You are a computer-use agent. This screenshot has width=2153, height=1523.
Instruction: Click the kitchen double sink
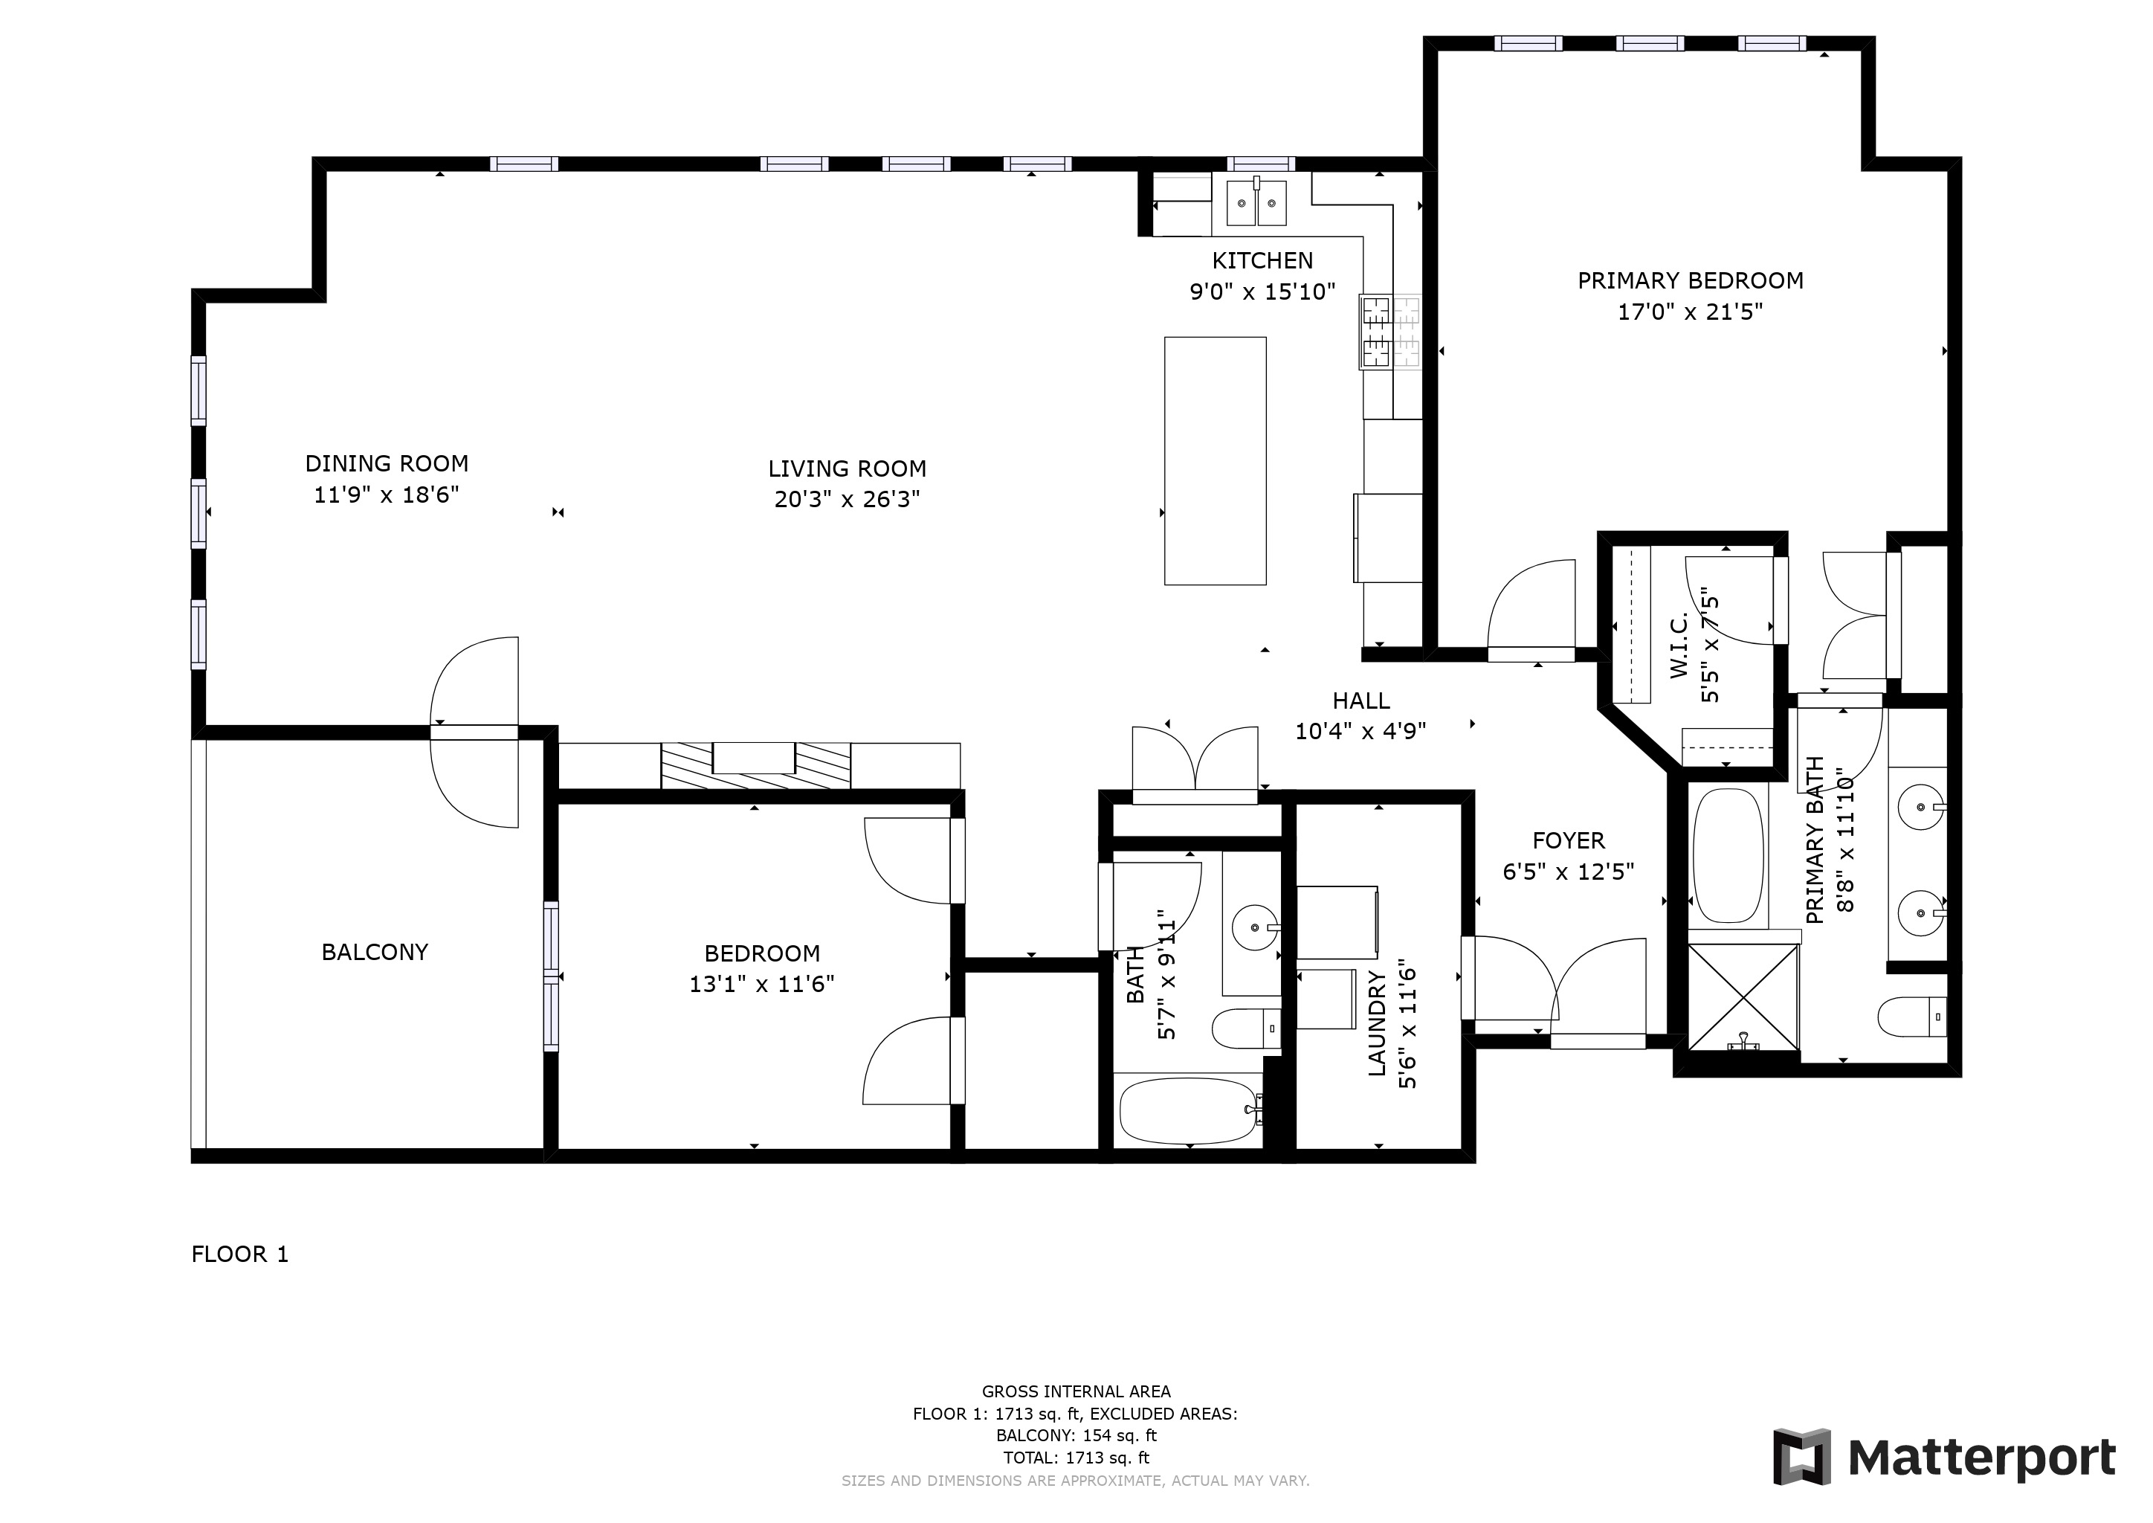pyautogui.click(x=1256, y=202)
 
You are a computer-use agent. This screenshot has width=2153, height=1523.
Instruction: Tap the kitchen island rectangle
pyautogui.click(x=1216, y=460)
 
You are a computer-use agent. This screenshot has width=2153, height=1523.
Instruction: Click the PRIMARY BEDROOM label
pyautogui.click(x=1690, y=280)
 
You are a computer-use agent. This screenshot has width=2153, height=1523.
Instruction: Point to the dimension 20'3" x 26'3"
pyautogui.click(x=847, y=499)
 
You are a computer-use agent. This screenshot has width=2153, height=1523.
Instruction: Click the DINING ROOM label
pyautogui.click(x=387, y=463)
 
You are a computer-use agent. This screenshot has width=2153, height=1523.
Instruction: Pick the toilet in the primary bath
pyautogui.click(x=1912, y=1017)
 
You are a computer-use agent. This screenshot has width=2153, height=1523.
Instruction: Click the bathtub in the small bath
pyautogui.click(x=1188, y=1111)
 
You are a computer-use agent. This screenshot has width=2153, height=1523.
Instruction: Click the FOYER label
pyautogui.click(x=1568, y=840)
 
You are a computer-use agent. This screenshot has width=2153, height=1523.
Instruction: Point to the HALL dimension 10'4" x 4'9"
pyautogui.click(x=1360, y=730)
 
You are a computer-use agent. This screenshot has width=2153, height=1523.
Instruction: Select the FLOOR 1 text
pyautogui.click(x=240, y=1254)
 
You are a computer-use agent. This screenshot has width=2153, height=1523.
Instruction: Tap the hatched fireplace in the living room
pyautogui.click(x=756, y=765)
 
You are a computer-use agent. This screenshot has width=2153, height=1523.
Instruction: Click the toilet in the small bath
pyautogui.click(x=1246, y=1028)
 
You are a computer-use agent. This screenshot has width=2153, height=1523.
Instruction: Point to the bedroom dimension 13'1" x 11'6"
pyautogui.click(x=761, y=984)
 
